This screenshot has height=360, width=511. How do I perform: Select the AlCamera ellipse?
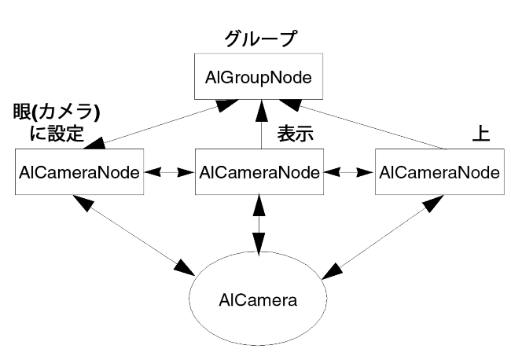[259, 299]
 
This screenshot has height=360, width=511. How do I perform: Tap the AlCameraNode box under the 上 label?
[438, 171]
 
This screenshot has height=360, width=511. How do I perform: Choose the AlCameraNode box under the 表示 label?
[259, 171]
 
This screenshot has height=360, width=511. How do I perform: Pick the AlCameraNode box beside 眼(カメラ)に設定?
[79, 171]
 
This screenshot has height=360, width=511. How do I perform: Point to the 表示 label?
[296, 134]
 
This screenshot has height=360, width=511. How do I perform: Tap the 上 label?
[480, 134]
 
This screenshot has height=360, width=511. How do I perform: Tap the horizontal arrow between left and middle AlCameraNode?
[170, 171]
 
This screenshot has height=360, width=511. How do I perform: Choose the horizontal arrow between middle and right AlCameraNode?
[349, 171]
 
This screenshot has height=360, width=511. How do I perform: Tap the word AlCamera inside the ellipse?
[259, 300]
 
